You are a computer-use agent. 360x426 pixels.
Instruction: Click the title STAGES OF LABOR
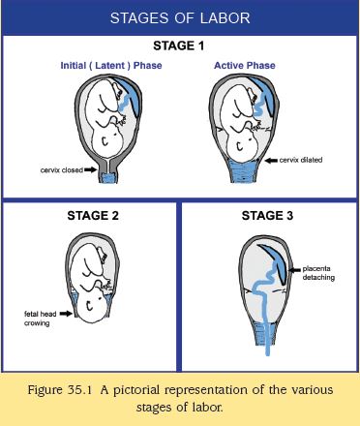pyautogui.click(x=180, y=17)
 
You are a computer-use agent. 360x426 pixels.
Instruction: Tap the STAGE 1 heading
pyautogui.click(x=179, y=46)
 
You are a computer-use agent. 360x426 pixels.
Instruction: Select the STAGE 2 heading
pyautogui.click(x=93, y=216)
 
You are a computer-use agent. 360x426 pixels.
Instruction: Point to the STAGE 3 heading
pyautogui.click(x=267, y=216)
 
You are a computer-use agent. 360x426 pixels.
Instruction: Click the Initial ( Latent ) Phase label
pyautogui.click(x=111, y=66)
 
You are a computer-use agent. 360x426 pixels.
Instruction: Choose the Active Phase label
pyautogui.click(x=245, y=66)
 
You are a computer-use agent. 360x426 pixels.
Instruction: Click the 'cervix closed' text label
pyautogui.click(x=62, y=170)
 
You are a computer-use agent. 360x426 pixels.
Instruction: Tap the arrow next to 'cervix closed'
pyautogui.click(x=90, y=169)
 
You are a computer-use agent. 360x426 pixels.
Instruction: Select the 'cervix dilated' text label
pyautogui.click(x=301, y=160)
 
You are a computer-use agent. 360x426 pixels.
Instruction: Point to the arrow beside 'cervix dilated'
pyautogui.click(x=271, y=161)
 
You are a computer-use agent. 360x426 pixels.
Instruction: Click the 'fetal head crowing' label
pyautogui.click(x=40, y=319)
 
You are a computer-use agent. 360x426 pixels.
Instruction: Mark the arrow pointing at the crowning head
pyautogui.click(x=66, y=314)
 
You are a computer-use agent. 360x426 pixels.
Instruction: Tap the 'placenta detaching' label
pyautogui.click(x=318, y=273)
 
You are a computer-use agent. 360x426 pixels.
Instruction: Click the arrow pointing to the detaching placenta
pyautogui.click(x=294, y=270)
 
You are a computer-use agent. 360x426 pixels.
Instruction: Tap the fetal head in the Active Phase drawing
pyautogui.click(x=242, y=146)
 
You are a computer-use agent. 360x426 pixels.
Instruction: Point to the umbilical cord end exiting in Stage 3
pyautogui.click(x=267, y=353)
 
